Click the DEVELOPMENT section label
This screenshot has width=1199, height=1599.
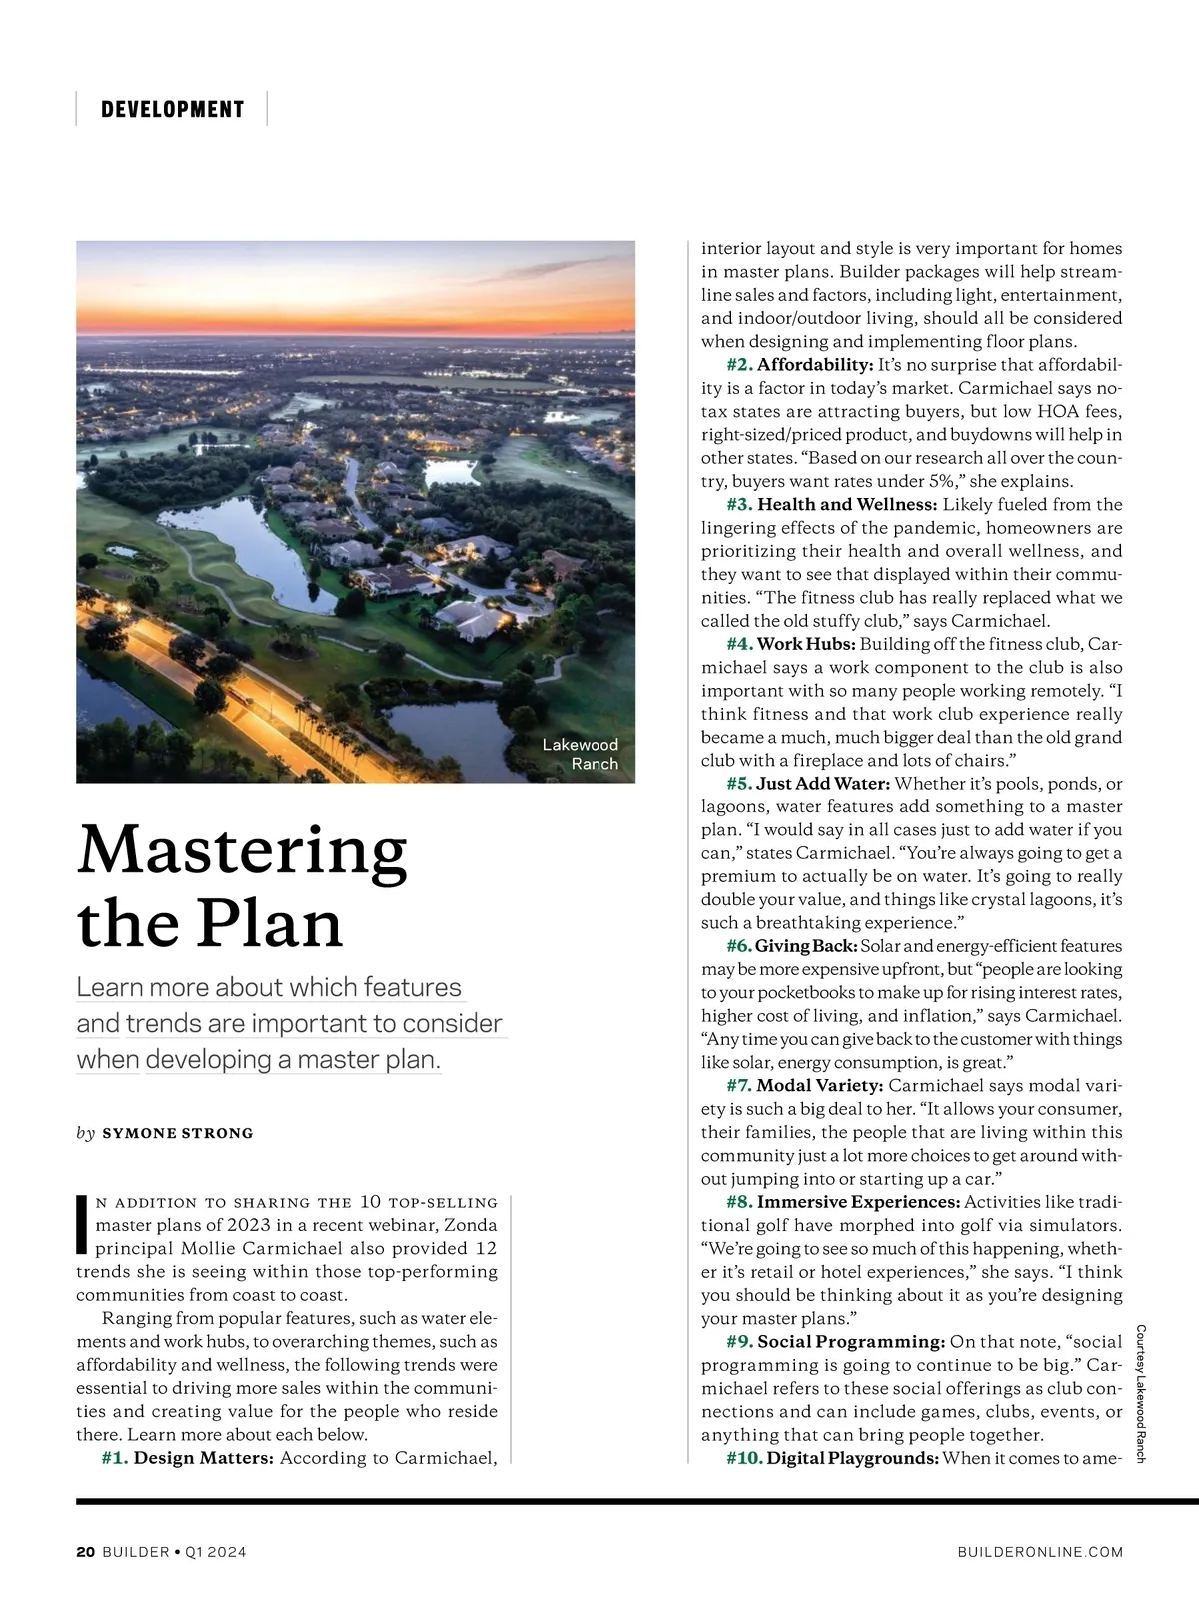click(x=172, y=109)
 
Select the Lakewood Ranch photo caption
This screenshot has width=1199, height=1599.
click(x=581, y=754)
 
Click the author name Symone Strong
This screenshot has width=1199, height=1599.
click(x=178, y=1133)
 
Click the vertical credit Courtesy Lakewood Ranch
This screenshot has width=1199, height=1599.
click(x=1140, y=1394)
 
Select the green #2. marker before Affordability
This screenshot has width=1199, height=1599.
click(x=739, y=365)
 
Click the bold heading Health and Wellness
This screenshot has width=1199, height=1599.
click(x=847, y=505)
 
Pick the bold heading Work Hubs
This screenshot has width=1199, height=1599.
click(x=805, y=644)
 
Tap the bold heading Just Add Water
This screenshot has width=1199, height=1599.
click(x=824, y=784)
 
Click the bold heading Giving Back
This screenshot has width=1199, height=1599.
click(x=806, y=946)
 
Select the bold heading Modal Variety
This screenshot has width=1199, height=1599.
click(x=820, y=1086)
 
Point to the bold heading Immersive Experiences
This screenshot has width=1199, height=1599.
click(x=858, y=1202)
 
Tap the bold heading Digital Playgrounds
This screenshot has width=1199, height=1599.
click(x=853, y=1458)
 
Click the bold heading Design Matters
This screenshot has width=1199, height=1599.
click(x=204, y=1458)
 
